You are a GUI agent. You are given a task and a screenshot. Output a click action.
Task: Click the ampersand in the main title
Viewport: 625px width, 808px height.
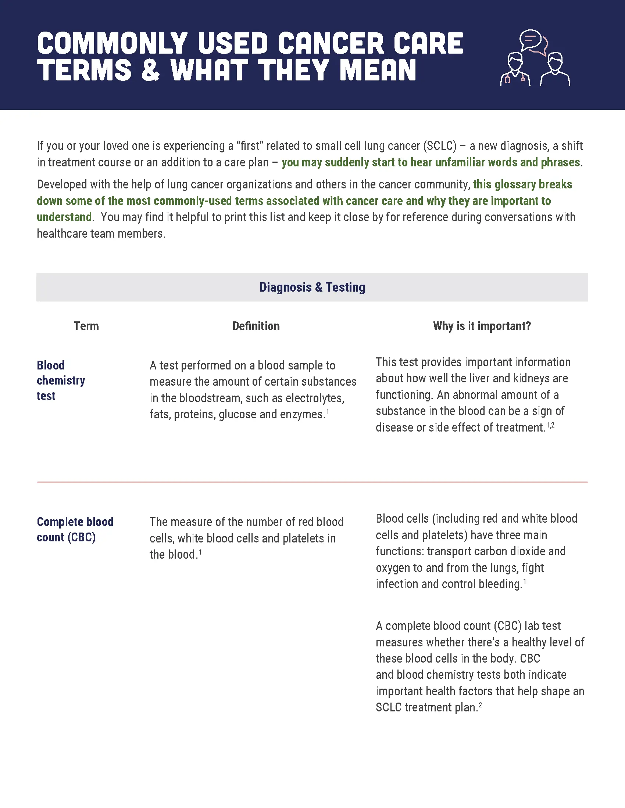point(150,70)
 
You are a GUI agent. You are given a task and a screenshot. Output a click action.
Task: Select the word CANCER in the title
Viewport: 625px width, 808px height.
point(331,43)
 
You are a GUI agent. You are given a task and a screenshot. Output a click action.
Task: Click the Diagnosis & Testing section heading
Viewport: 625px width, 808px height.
point(312,288)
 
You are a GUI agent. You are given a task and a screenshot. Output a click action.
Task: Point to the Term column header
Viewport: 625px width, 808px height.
point(86,326)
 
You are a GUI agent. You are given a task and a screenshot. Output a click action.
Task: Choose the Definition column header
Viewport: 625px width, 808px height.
point(256,326)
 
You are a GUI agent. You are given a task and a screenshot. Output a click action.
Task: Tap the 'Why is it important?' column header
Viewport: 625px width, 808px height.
point(482,326)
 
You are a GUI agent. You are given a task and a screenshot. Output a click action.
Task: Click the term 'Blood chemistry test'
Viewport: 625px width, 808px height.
point(61,380)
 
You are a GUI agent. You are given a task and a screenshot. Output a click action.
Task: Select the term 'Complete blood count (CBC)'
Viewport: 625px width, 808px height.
point(75,529)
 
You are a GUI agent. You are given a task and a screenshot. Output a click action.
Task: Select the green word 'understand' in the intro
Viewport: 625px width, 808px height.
point(64,217)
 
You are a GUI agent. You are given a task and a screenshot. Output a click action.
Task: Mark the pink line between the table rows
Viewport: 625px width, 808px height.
point(312,482)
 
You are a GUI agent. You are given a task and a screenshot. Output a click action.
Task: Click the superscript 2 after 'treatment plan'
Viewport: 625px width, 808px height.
point(480,705)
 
